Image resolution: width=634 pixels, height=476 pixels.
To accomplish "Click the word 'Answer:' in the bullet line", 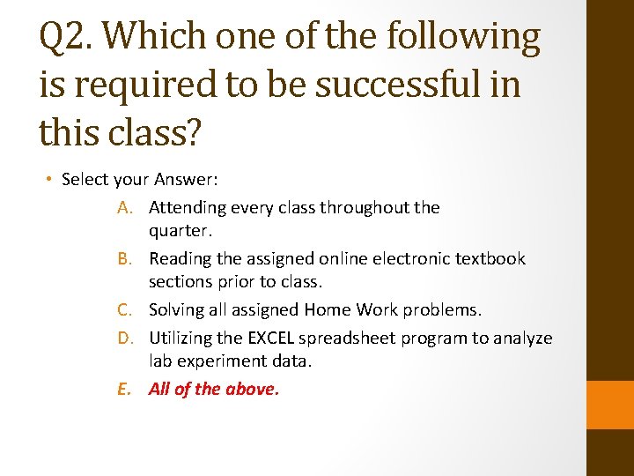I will (187, 180).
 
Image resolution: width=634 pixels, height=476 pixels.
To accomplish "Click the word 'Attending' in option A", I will (187, 208).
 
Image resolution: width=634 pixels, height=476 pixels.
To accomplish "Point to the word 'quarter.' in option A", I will (181, 231).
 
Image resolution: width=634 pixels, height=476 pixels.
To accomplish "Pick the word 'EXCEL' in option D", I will (269, 338).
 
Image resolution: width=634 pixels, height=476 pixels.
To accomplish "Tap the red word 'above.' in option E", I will (253, 390).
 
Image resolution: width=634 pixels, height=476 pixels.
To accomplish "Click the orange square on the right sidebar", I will (610, 405).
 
